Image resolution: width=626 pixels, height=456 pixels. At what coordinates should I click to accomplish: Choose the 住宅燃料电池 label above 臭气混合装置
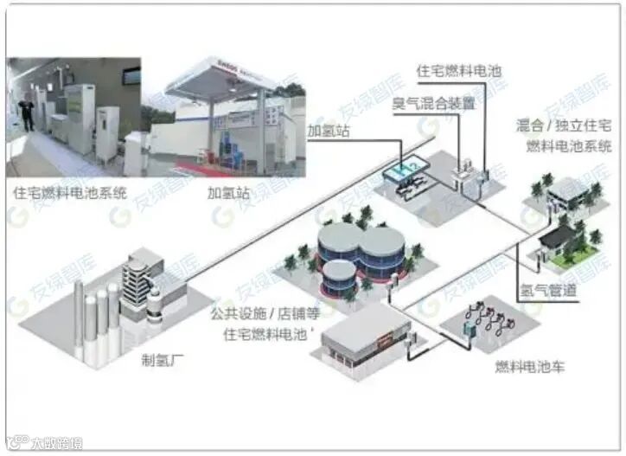coord(458,71)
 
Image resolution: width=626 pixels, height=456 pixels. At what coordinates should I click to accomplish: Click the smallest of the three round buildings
coord(339,274)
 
